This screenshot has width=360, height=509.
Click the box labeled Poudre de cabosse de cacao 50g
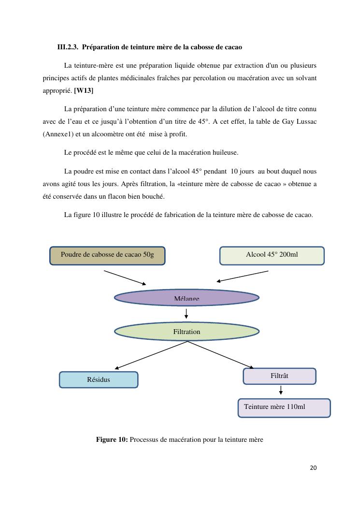click(x=107, y=256)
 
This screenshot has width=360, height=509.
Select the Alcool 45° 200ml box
click(x=272, y=256)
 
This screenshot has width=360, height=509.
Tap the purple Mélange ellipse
click(x=187, y=298)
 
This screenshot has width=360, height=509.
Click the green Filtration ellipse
click(x=187, y=332)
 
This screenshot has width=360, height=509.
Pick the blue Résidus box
click(x=99, y=379)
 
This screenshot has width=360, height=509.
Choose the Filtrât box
click(x=279, y=376)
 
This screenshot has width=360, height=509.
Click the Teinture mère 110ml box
click(x=284, y=407)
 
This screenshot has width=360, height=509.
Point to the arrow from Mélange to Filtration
click(x=187, y=314)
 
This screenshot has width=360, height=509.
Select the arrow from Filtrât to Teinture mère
click(x=281, y=390)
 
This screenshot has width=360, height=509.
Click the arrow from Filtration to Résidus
click(x=151, y=355)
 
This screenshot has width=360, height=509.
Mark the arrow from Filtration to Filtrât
click(x=220, y=355)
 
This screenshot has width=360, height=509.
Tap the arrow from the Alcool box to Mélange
click(x=243, y=276)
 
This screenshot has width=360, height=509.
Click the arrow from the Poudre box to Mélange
click(x=125, y=277)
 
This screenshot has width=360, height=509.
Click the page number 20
click(x=313, y=467)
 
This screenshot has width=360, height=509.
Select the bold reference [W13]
click(x=84, y=90)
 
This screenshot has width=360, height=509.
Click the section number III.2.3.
click(x=68, y=47)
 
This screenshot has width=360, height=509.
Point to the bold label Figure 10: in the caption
click(x=112, y=439)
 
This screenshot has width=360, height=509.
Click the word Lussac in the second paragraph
click(x=305, y=121)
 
